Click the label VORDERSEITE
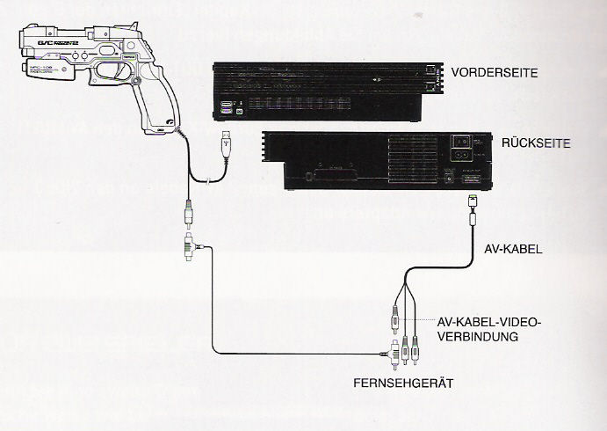tap(488, 74)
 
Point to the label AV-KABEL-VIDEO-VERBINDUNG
tap(488, 329)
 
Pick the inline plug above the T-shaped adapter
tap(188, 214)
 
